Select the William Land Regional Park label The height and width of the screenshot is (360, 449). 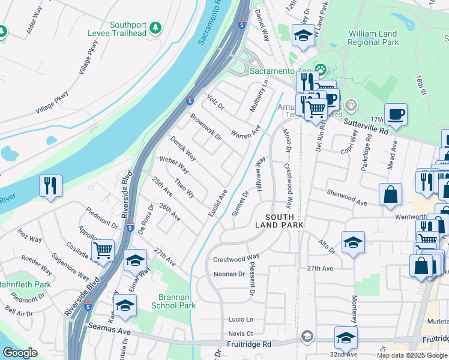coord(373,38)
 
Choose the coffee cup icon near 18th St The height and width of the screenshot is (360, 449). coord(396,113)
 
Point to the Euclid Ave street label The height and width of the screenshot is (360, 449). coord(217,204)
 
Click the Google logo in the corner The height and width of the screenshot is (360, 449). coord(20,353)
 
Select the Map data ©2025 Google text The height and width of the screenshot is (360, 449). coord(412,355)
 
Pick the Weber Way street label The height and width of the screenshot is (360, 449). coord(174,166)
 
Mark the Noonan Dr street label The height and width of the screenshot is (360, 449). coord(230,274)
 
